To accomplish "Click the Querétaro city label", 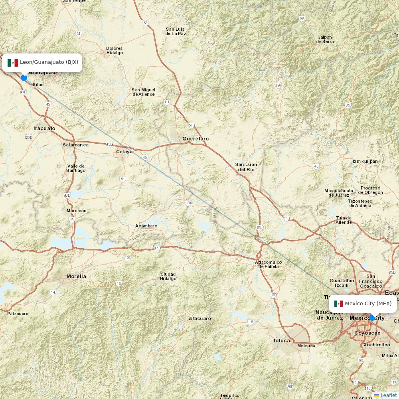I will point(196,138).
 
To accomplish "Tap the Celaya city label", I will point(124,152).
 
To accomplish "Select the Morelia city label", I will point(76,276).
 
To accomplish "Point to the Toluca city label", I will point(281,340).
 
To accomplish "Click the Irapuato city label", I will point(44,128).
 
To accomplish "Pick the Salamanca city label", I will point(75,145).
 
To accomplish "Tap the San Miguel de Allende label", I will point(143,92).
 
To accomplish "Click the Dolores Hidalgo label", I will point(115,50).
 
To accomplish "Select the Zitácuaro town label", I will point(200,318).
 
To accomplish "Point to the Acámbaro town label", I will point(146,226).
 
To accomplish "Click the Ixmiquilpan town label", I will point(365,161).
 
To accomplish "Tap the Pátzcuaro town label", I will point(18,314).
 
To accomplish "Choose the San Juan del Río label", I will point(246,167).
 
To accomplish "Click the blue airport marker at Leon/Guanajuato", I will point(24,77).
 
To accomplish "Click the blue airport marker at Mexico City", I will point(372,318).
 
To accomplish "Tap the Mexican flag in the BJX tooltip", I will point(13,63).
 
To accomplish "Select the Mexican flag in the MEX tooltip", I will point(338,304).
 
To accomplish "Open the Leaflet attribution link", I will point(388,395).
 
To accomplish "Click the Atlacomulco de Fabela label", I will point(268,264).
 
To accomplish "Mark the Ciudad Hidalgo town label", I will point(168,276).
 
